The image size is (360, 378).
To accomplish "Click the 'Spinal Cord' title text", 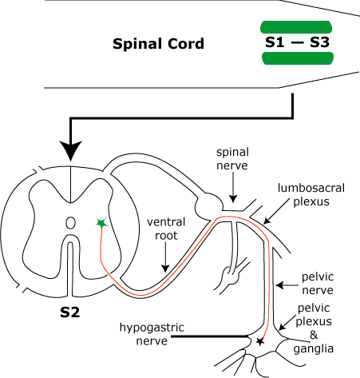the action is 158,44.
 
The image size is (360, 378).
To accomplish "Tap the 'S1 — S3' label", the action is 297,42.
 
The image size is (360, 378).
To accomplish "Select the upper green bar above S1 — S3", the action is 296,27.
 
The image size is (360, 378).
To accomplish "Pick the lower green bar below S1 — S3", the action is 298,58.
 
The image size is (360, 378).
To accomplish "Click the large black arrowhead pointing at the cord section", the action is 70,149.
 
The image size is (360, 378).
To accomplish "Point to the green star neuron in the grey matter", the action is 101,223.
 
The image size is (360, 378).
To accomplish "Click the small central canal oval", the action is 70,223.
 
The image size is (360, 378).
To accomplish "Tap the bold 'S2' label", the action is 70,312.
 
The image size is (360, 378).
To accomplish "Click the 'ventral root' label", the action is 166,229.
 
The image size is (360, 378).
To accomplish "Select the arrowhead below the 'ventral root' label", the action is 165,269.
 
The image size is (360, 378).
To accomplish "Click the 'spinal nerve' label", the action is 232,159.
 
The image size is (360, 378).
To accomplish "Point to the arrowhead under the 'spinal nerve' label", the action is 233,199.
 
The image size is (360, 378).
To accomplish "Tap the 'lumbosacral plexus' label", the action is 311,195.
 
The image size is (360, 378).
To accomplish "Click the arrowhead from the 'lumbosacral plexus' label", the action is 267,221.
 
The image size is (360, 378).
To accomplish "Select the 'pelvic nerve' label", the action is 318,284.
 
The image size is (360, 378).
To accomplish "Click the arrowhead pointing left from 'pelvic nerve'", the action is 279,285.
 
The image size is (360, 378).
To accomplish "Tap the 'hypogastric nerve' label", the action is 152,334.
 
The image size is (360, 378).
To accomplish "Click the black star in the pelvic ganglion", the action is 259,341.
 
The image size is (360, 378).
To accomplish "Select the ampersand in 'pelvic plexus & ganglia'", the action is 314,335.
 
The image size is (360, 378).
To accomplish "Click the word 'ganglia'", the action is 314,349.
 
